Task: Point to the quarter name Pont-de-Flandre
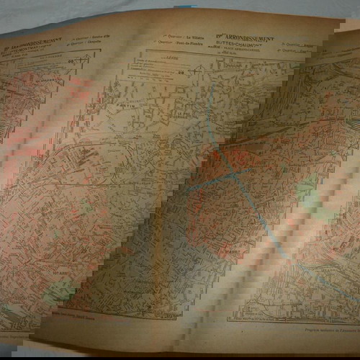tap(193, 43)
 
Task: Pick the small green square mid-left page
tap(86, 209)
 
